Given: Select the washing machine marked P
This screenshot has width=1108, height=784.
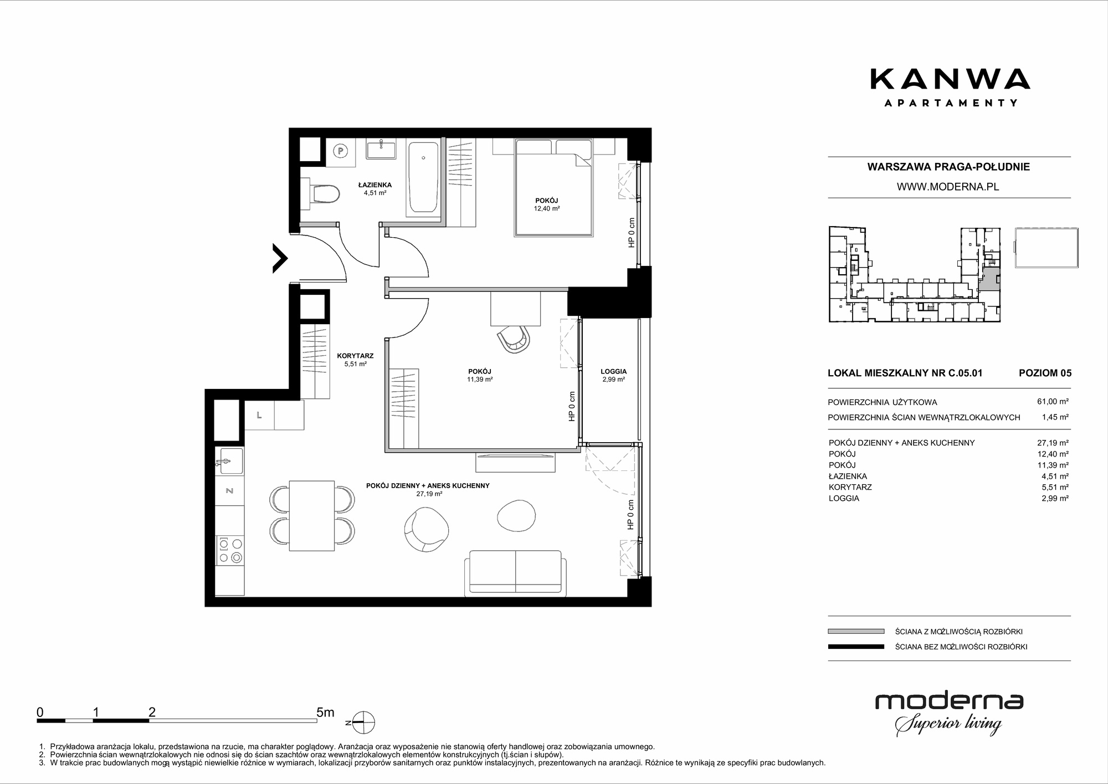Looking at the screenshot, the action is coord(341,151).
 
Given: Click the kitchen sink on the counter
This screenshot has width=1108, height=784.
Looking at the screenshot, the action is coord(229,461).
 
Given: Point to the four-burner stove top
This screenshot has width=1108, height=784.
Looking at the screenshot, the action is coord(229,550).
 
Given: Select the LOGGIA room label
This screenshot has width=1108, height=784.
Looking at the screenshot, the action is coord(613,372).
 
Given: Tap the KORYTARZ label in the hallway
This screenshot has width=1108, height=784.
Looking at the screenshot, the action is coord(355,356).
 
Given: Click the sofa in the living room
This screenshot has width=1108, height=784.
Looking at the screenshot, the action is coord(515,573).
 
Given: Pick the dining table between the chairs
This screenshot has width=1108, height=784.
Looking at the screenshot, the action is coord(312,516).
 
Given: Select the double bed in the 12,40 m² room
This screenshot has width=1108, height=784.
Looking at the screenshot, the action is coord(553,188).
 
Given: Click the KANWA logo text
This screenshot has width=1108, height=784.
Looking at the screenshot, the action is coord(950,79).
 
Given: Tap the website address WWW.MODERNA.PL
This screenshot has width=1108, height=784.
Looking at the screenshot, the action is coord(948,187).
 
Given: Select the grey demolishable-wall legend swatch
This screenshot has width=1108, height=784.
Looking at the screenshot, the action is coord(856,631).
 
